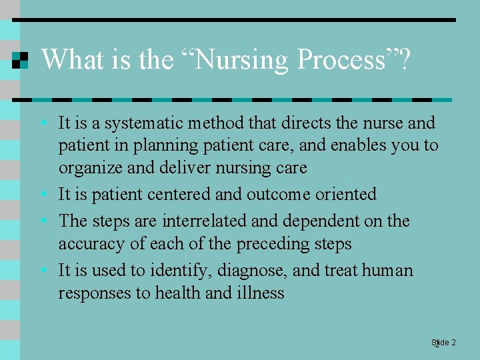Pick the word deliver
pos(184,168)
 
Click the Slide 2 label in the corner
pos(443,343)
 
